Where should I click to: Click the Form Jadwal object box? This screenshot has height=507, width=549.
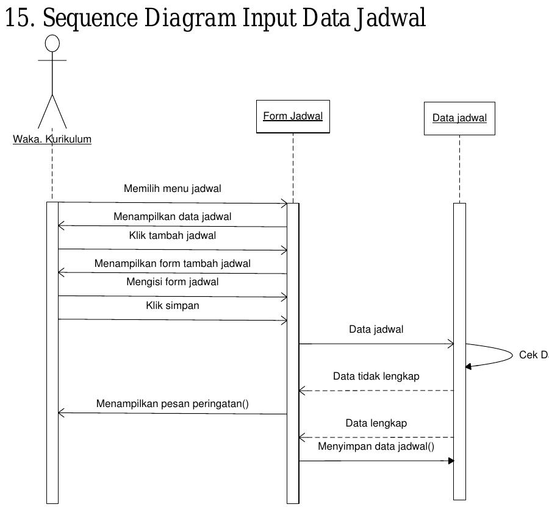293,116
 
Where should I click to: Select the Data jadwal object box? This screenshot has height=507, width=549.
459,118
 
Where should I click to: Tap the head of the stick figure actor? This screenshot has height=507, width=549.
53,43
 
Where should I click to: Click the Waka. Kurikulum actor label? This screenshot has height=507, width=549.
52,139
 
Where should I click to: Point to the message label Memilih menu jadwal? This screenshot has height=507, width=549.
172,188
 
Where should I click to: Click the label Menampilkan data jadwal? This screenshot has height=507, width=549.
172,216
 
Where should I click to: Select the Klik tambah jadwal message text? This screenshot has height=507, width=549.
172,235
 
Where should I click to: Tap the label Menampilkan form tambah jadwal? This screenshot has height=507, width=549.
172,263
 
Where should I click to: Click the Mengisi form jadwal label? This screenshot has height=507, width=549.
172,282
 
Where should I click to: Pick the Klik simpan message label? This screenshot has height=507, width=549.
172,305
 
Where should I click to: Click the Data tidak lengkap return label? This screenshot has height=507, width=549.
376,376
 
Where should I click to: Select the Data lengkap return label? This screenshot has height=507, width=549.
376,423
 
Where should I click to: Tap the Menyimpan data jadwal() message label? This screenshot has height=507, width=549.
376,446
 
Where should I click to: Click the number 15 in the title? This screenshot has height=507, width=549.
17,18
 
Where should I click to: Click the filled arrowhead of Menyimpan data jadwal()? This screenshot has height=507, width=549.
451,461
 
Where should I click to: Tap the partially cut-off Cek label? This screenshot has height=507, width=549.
533,355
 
